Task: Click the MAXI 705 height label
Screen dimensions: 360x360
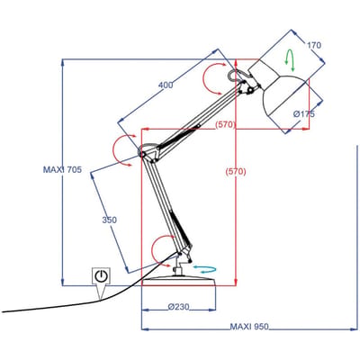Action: pyautogui.click(x=62, y=170)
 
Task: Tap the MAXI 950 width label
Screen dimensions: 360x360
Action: pyautogui.click(x=249, y=327)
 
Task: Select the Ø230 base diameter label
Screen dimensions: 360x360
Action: pyautogui.click(x=179, y=307)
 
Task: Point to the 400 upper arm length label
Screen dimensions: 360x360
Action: pyautogui.click(x=166, y=85)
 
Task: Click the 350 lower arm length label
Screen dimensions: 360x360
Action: pyautogui.click(x=109, y=220)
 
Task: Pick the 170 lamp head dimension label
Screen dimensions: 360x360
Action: pyautogui.click(x=313, y=45)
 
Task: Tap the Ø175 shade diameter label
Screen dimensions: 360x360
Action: pyautogui.click(x=304, y=114)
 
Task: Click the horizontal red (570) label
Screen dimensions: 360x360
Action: pyautogui.click(x=225, y=124)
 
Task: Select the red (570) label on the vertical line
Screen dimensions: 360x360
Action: pyautogui.click(x=236, y=172)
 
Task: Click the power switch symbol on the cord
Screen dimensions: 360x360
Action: pyautogui.click(x=101, y=275)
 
